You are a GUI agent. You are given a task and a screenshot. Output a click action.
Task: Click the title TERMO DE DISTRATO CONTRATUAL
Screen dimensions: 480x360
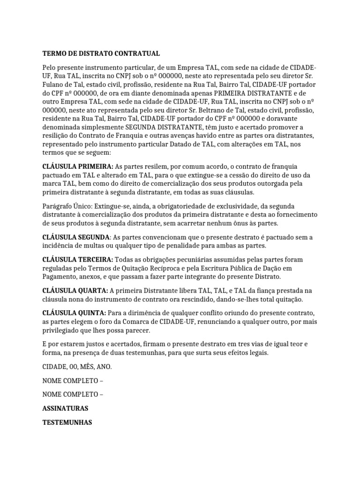pyautogui.click(x=101, y=53)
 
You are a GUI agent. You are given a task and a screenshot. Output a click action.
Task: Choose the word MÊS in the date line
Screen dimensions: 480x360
pyautogui.click(x=89, y=366)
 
